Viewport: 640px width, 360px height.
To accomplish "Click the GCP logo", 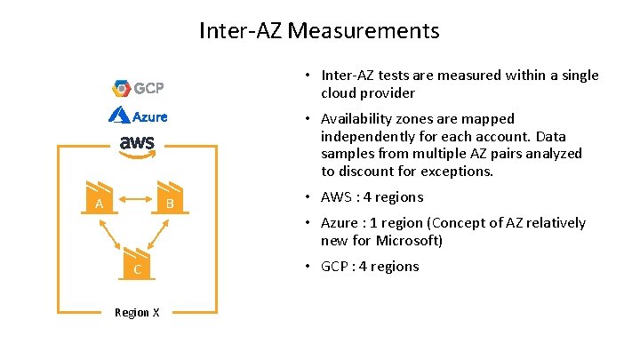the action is point(139,88).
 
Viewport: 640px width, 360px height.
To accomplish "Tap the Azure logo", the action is point(138,116).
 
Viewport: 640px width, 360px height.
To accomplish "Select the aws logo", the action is point(137,145).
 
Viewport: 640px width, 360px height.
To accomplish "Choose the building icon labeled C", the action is point(136,263).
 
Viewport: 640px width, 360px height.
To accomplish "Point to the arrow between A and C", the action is point(113,236).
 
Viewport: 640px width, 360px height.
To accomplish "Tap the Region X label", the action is point(137,312).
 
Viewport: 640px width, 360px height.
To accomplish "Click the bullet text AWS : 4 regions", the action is point(372,197).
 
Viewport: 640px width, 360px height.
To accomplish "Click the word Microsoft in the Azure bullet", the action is point(411,241).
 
